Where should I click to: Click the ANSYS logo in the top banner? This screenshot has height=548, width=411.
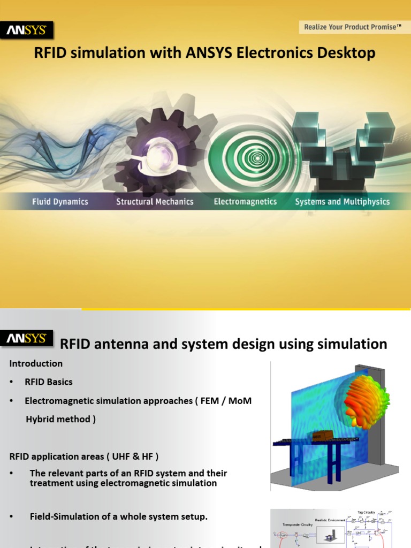[x=27, y=31]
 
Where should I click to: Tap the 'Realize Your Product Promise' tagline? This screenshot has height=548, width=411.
[x=353, y=27]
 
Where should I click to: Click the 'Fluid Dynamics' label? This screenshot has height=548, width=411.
[x=60, y=202]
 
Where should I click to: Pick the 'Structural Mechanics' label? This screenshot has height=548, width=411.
[x=155, y=202]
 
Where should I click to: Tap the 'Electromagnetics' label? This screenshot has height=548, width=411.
[x=245, y=202]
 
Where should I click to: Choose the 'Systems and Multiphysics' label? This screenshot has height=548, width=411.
[x=342, y=202]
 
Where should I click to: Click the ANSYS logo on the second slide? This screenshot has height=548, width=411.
[x=27, y=339]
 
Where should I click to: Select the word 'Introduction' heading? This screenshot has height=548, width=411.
[x=36, y=363]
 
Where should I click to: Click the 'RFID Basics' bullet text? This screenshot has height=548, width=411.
[x=48, y=382]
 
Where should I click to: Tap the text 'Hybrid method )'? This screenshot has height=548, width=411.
[x=61, y=419]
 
